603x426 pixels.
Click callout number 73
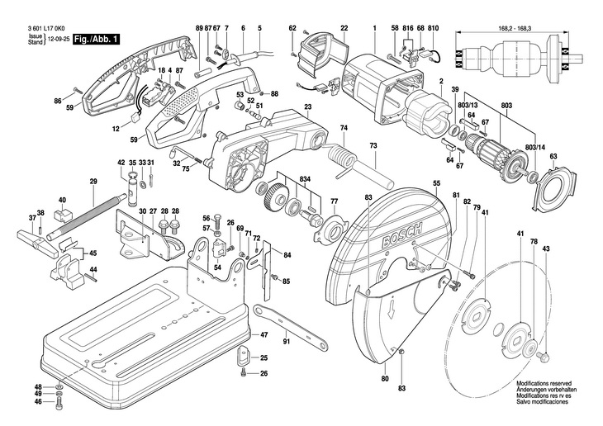373,144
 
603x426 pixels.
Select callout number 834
305,179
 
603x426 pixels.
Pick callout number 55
436,182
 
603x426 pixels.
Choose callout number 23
307,107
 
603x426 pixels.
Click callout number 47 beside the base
264,335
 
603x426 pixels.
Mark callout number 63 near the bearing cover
553,157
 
